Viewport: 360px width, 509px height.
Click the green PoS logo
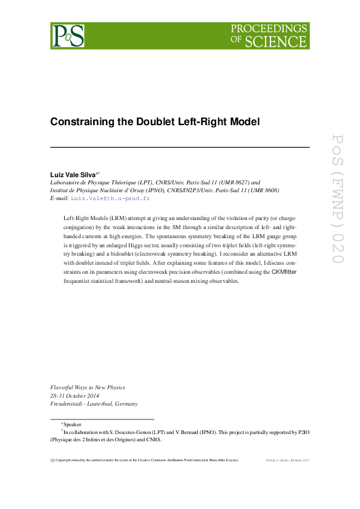pos(68,36)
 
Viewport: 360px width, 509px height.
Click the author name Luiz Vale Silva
pos(72,174)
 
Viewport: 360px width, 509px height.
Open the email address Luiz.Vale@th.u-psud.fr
pos(110,198)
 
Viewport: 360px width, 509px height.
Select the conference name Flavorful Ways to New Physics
pos(87,387)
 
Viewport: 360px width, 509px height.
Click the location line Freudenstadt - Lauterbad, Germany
pos(94,404)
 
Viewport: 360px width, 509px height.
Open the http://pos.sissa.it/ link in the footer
pos(287,460)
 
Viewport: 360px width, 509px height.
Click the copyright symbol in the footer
pos(52,460)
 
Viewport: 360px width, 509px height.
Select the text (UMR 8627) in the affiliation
pos(237,182)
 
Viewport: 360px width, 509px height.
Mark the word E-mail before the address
pos(59,198)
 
